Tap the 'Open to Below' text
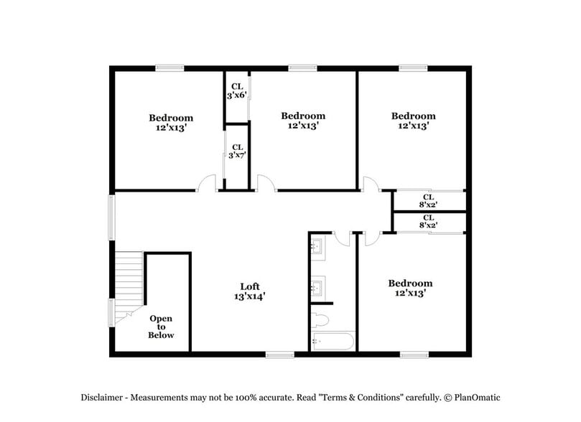[x=161, y=327]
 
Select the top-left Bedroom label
[x=171, y=123]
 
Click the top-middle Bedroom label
[x=303, y=120]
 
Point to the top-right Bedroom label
[x=413, y=120]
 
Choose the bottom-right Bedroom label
[x=410, y=288]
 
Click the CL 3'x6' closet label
[x=237, y=91]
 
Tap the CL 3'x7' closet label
[x=237, y=151]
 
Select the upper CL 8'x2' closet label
[x=428, y=200]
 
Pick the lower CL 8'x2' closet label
[x=428, y=221]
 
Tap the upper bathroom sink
[x=317, y=248]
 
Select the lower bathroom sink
[x=317, y=289]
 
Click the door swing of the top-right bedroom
[x=371, y=184]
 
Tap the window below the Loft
[x=279, y=354]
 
